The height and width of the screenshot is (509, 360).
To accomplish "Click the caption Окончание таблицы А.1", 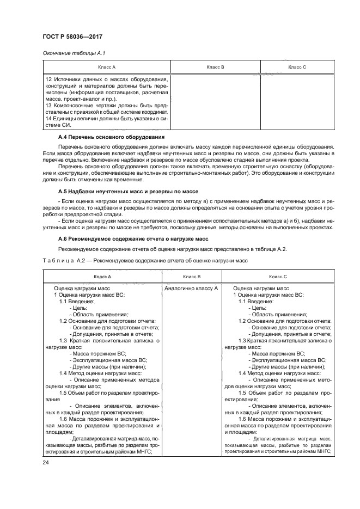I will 69,53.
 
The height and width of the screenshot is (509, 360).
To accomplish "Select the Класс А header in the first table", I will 106,67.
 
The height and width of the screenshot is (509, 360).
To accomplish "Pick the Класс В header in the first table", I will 216,67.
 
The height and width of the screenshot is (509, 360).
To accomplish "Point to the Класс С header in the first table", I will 297,67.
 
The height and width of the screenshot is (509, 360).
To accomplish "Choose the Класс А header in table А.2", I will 102,277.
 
